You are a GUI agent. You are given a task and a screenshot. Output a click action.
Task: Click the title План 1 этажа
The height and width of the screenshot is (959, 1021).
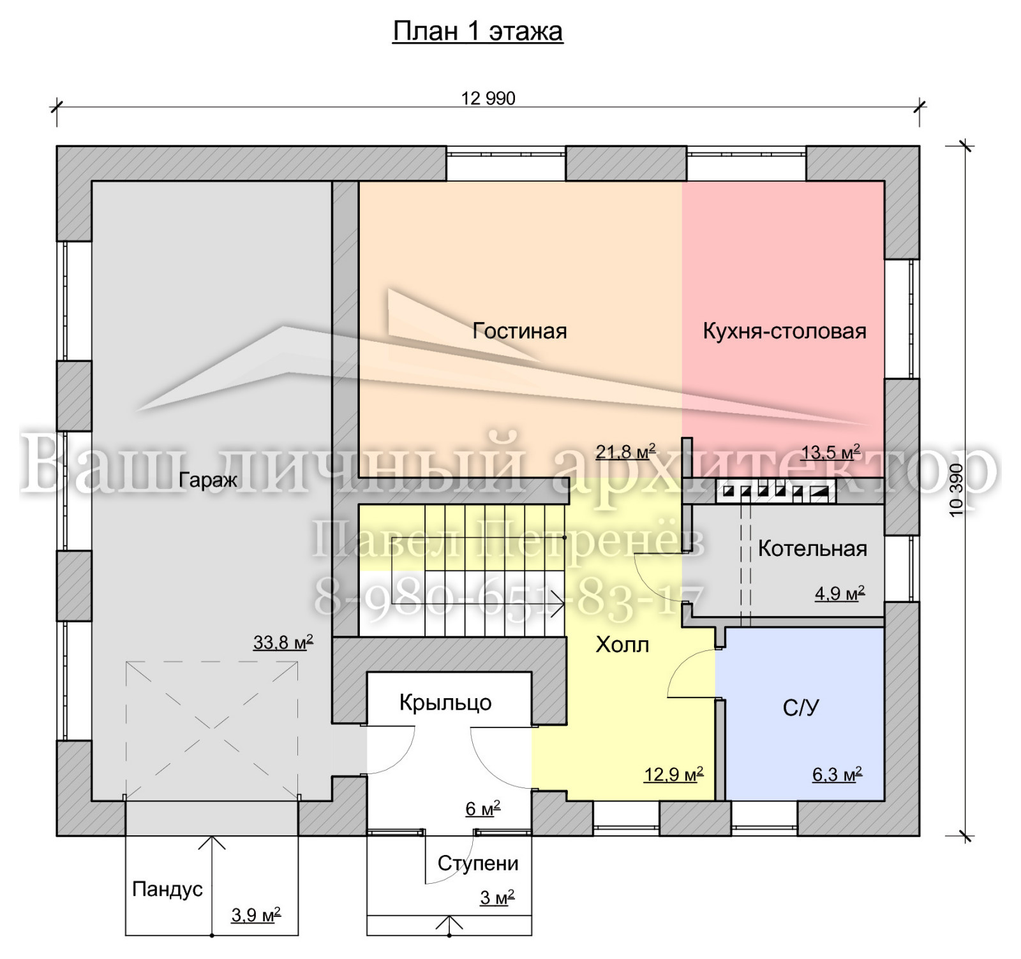tap(477, 31)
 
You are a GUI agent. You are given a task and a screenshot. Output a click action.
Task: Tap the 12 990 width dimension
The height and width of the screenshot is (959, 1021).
tap(488, 98)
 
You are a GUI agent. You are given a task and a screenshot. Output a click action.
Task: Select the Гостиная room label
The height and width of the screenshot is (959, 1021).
tap(519, 331)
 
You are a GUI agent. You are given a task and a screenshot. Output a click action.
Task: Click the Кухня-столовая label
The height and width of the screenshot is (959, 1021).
tap(784, 331)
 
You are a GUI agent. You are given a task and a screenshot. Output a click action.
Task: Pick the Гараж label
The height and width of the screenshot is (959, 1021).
tap(208, 480)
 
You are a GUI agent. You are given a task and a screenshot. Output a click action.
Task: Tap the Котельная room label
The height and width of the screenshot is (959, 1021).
tap(812, 548)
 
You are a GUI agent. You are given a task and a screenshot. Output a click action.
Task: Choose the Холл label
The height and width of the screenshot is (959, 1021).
tap(622, 645)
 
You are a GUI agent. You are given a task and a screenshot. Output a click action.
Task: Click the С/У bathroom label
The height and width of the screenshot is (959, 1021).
tap(801, 707)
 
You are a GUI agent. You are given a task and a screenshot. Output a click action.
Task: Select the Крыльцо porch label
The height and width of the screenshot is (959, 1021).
tap(445, 703)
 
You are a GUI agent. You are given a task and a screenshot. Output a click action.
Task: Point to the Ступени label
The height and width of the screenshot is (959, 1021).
tap(478, 863)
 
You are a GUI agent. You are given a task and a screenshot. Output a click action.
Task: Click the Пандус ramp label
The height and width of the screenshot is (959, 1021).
tap(167, 889)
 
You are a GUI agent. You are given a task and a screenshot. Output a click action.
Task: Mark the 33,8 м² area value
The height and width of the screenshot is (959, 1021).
tap(283, 642)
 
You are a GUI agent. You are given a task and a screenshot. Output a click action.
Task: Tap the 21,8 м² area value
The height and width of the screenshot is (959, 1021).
tap(625, 451)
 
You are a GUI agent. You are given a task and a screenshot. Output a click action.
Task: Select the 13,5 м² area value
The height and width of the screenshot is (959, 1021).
tap(830, 452)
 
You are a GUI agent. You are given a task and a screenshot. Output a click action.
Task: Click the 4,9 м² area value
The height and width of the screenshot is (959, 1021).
tap(840, 594)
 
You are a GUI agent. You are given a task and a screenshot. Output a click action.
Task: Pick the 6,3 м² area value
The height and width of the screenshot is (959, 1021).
tap(837, 775)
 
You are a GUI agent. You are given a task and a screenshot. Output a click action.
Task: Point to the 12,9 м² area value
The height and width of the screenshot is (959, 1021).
tap(674, 775)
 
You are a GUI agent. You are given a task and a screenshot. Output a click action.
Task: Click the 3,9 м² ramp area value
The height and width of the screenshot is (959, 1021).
tap(256, 915)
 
